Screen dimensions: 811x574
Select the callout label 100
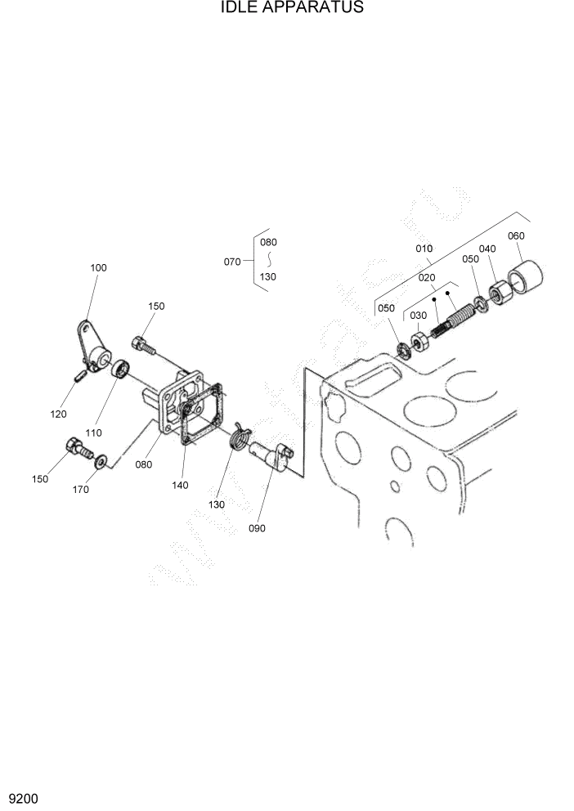[98, 267]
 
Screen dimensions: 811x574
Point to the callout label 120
[58, 414]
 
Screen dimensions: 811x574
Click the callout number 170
[81, 490]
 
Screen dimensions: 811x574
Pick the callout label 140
[180, 485]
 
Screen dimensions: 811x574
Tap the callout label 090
[257, 527]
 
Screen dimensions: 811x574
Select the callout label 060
[516, 235]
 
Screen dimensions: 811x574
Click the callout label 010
[424, 248]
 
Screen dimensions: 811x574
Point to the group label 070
[232, 262]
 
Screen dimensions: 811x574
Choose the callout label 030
[418, 316]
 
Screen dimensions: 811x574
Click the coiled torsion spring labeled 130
[240, 436]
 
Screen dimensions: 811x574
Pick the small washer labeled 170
[101, 463]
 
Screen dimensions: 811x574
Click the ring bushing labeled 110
[121, 369]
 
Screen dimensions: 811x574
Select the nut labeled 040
[499, 291]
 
